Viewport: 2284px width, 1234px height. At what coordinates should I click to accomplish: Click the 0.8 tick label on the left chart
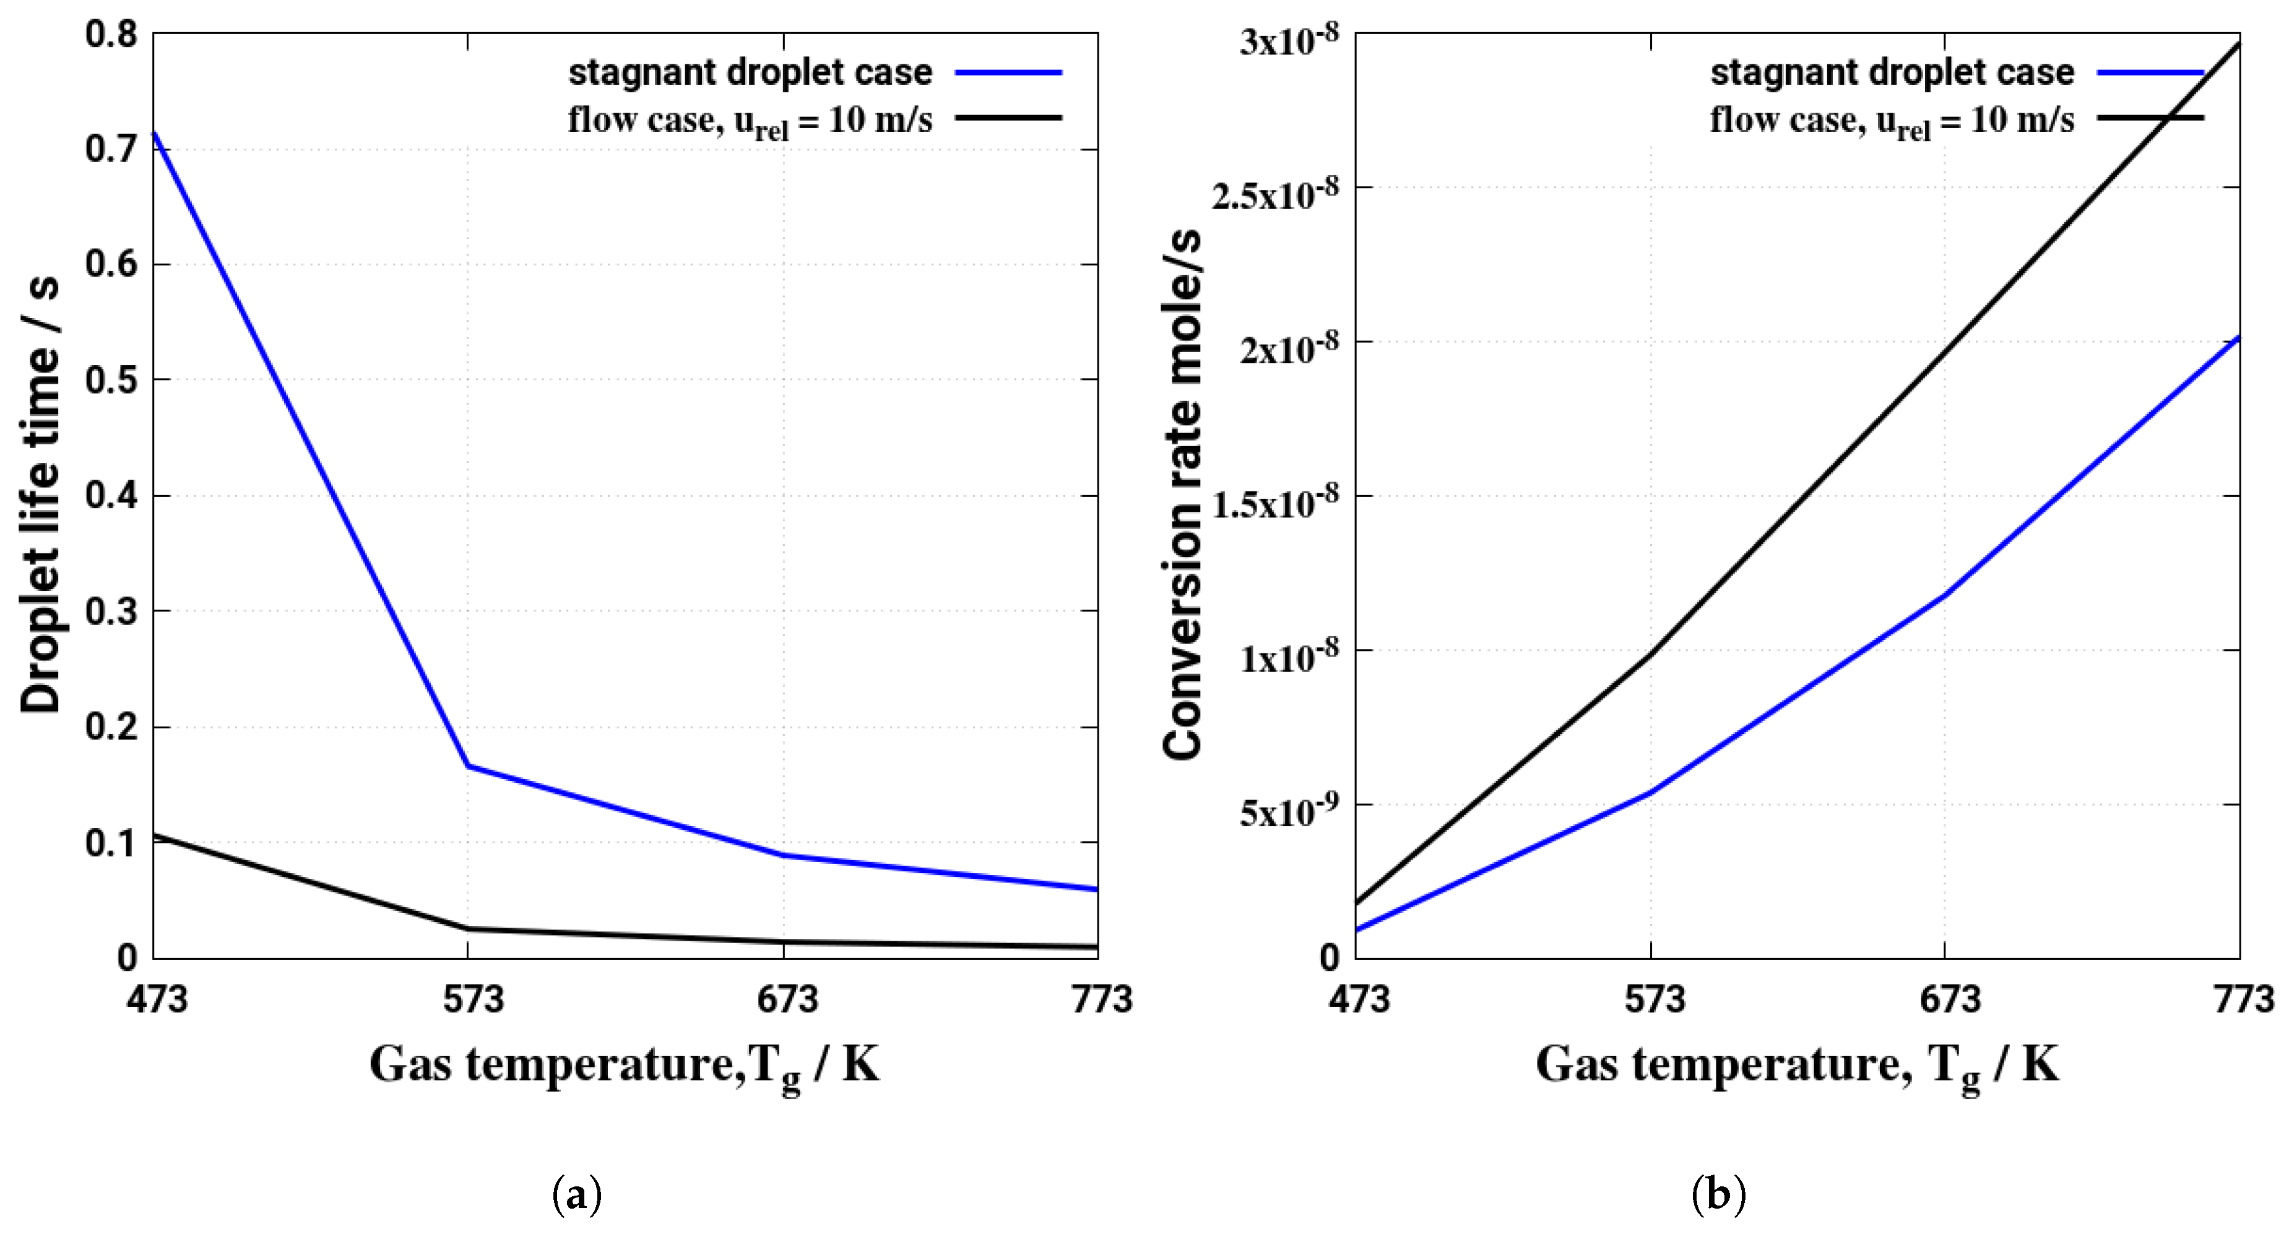[x=111, y=35]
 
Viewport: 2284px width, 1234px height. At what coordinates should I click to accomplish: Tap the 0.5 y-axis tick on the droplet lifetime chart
[x=111, y=381]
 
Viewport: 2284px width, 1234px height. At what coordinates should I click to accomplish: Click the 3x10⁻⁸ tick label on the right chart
[x=1288, y=40]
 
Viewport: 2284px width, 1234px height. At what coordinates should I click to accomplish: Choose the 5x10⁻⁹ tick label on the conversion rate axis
[x=1288, y=810]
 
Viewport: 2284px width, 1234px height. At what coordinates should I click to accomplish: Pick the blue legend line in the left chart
[x=1008, y=72]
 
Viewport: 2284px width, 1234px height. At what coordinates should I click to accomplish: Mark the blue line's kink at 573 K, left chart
[x=468, y=766]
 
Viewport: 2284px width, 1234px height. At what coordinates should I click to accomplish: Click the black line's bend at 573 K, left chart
[x=468, y=929]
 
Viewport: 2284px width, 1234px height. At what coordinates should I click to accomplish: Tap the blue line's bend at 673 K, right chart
[x=1944, y=595]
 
